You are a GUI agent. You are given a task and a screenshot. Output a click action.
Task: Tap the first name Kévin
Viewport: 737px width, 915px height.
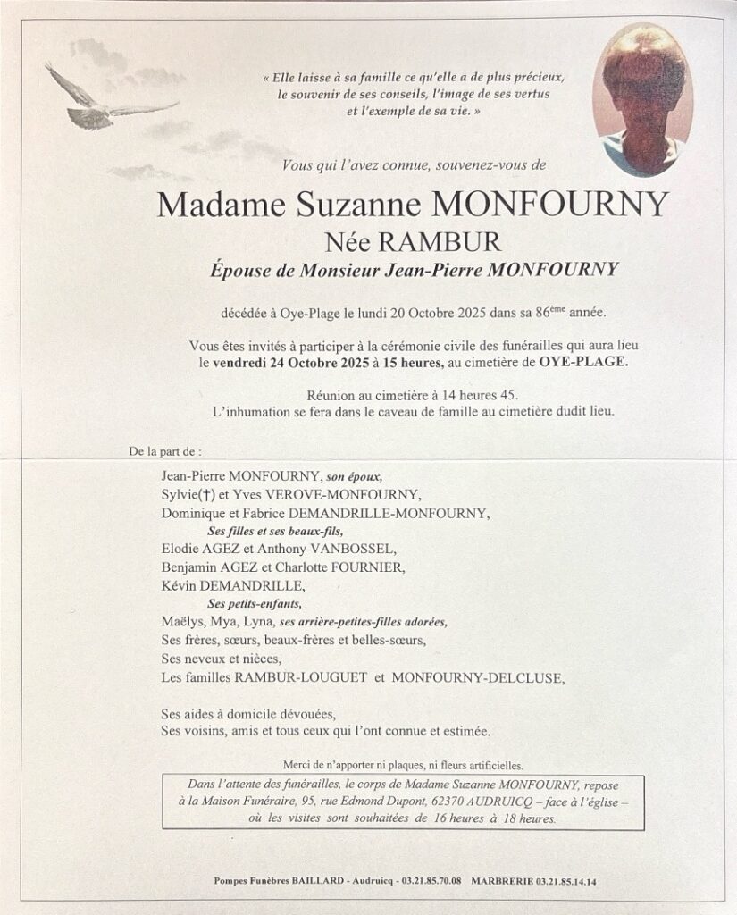pyautogui.click(x=179, y=586)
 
